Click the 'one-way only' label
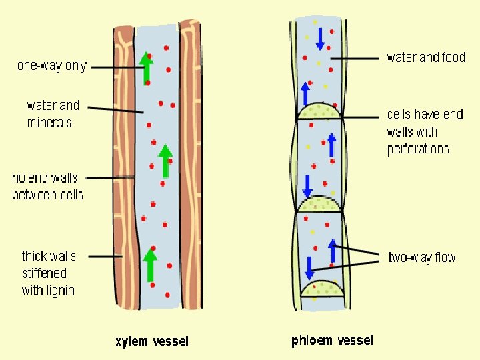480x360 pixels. tap(52, 66)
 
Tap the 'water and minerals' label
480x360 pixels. tap(53, 114)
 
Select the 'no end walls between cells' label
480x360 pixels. tap(47, 186)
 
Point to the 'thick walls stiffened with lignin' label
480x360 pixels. tap(49, 273)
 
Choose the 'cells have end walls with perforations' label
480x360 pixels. tap(425, 131)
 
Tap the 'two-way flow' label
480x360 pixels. tap(421, 257)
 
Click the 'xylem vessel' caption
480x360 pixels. tap(152, 341)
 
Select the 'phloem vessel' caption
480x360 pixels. tap(332, 340)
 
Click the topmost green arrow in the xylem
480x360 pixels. tap(146, 68)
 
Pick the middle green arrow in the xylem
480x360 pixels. tap(165, 161)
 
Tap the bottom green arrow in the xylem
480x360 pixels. tap(151, 264)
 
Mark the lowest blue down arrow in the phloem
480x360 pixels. tap(309, 267)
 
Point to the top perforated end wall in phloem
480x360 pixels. tap(319, 112)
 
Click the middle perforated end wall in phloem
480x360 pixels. tap(319, 204)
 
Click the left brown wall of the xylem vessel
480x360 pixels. tap(123, 167)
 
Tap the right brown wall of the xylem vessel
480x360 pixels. tap(190, 167)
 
